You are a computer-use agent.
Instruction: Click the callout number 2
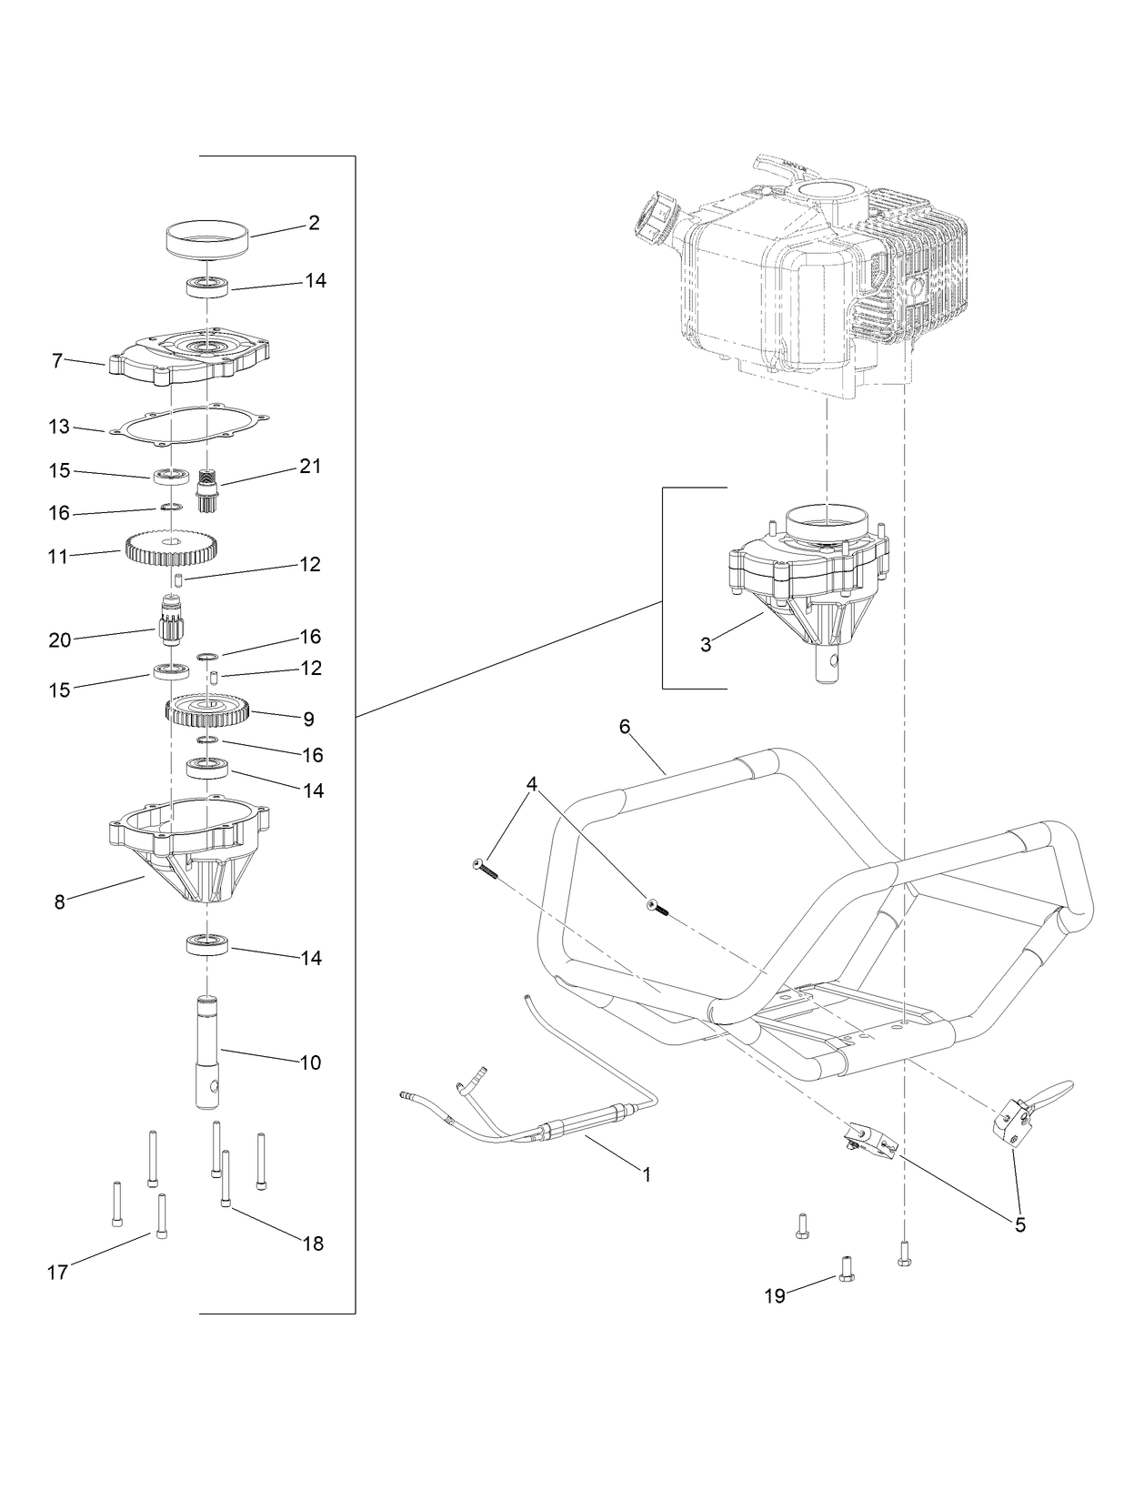(x=314, y=223)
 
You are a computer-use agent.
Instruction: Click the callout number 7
(x=57, y=361)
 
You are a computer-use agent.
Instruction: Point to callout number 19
(x=775, y=1296)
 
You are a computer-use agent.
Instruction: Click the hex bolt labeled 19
(x=845, y=1265)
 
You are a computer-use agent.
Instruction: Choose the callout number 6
(x=624, y=727)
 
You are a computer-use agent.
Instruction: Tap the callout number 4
(x=531, y=784)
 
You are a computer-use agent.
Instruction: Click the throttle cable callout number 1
(x=647, y=1174)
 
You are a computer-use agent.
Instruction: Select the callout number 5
(x=1020, y=1225)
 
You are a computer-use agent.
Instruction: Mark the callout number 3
(x=706, y=644)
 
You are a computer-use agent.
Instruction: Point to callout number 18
(x=313, y=1243)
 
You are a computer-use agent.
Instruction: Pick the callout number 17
(x=57, y=1273)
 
